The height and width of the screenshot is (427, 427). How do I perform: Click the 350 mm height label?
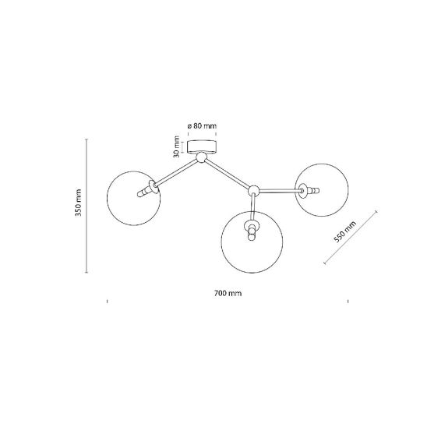[x=79, y=203]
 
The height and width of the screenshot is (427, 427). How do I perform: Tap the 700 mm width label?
[x=228, y=293]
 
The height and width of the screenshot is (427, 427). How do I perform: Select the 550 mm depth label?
[x=344, y=231]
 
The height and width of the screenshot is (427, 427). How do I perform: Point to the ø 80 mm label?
[x=202, y=125]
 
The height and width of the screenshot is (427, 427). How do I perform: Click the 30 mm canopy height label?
[x=176, y=146]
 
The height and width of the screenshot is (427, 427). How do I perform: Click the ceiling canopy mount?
[x=202, y=146]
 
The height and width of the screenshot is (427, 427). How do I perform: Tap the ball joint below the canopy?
[x=202, y=157]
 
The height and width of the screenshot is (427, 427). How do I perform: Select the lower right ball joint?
[x=253, y=191]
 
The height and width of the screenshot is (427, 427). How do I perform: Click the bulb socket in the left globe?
[x=148, y=189]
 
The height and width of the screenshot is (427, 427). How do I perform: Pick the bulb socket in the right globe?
[x=309, y=190]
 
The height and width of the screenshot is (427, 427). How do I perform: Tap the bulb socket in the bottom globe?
[x=252, y=230]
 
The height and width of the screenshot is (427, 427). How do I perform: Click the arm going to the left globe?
[x=176, y=173]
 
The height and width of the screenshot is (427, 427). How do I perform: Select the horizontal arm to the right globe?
[x=280, y=191]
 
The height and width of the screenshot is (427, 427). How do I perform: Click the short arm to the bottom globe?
[x=252, y=207]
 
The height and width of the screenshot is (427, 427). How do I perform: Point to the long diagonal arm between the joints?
[x=228, y=174]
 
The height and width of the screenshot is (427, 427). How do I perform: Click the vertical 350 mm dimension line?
[x=86, y=206]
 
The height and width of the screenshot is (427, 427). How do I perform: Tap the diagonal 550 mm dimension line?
[x=351, y=237]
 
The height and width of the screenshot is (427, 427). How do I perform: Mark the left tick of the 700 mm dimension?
[x=107, y=301]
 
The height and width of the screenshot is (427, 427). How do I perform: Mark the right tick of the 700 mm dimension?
[x=348, y=301]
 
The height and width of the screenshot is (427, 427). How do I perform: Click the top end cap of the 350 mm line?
[x=86, y=139]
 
